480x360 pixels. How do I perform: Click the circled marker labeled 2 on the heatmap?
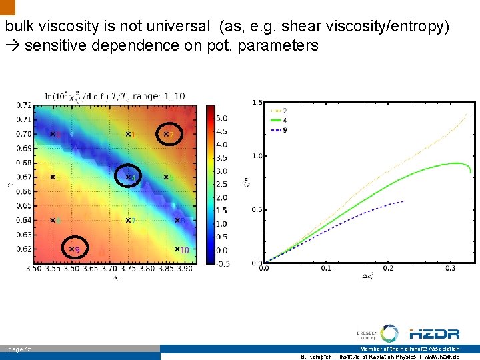click(167, 134)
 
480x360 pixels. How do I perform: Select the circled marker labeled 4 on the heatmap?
click(129, 177)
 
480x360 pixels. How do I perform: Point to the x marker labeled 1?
click(129, 134)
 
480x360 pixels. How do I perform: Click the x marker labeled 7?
click(129, 220)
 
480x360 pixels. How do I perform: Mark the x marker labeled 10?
click(178, 249)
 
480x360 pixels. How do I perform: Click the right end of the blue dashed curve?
click(404, 201)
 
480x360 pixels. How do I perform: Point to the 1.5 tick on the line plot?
click(257, 102)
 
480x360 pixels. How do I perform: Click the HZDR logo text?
click(434, 334)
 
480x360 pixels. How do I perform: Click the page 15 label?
click(19, 349)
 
